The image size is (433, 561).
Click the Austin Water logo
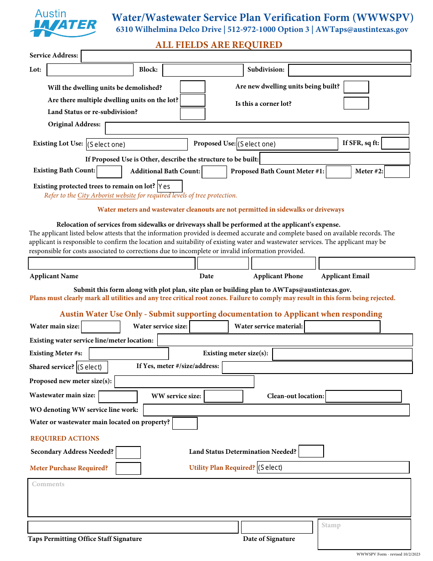tap(63, 23)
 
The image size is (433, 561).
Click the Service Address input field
tap(246, 56)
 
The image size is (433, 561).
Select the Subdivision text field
tap(349, 70)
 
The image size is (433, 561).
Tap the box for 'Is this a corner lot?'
tap(356, 103)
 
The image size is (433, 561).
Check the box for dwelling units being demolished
tap(192, 87)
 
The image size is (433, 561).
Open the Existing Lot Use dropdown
tap(137, 144)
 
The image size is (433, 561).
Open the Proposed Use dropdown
tap(287, 144)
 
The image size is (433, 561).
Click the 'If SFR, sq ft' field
tap(395, 143)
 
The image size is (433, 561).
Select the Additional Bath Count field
tap(214, 172)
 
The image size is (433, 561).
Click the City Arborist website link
tap(107, 195)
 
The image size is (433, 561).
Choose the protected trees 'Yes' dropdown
tap(170, 186)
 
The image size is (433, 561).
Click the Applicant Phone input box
tap(283, 263)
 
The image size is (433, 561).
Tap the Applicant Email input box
tap(366, 263)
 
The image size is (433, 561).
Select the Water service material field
tap(342, 327)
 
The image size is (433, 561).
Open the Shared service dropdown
tap(92, 367)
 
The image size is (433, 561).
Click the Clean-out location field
tap(363, 396)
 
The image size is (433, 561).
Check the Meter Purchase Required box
tap(128, 468)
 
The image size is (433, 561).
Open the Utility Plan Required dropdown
tap(333, 467)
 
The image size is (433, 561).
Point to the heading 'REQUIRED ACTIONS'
tap(65, 438)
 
